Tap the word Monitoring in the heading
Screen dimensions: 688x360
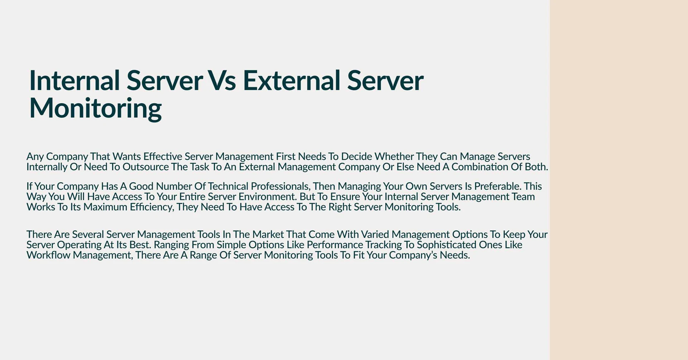[95, 109]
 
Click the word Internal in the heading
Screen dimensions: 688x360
[74, 80]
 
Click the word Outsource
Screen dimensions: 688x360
[145, 167]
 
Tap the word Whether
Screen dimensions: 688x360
[394, 157]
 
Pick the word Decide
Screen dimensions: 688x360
[357, 157]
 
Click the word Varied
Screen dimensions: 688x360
[375, 234]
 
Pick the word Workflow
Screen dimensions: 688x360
[48, 255]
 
